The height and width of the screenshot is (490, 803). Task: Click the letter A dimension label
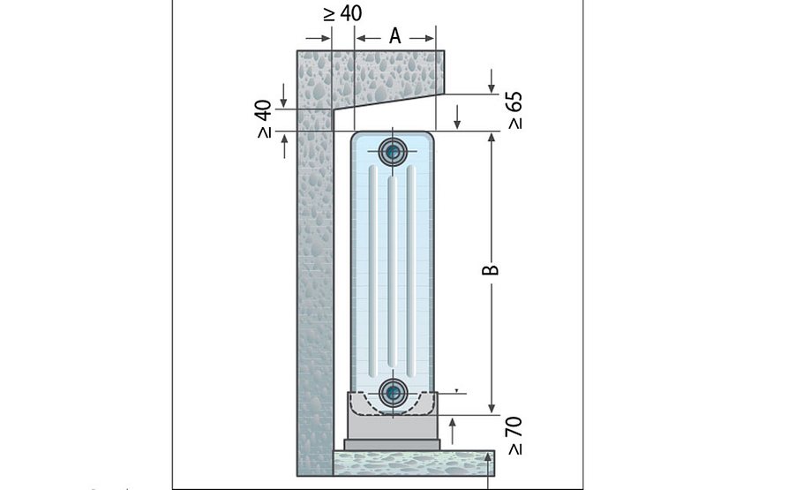[394, 36]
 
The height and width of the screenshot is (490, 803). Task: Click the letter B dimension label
[491, 269]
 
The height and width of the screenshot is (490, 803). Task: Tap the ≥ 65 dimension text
[515, 110]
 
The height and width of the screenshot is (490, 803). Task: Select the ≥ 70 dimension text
[515, 435]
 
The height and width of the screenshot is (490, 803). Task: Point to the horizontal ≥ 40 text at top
[342, 13]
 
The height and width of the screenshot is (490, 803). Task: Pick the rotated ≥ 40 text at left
[264, 119]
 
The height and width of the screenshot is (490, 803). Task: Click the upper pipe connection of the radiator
[393, 152]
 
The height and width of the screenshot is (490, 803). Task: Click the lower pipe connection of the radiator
[393, 393]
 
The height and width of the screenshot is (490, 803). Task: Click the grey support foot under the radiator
[393, 421]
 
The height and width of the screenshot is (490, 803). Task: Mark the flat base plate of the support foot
[393, 445]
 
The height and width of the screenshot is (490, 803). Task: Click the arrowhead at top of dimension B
[492, 136]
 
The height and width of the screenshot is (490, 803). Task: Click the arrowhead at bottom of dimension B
[492, 409]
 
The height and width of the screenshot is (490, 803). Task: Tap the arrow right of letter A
[422, 38]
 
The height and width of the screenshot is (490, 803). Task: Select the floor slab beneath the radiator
[414, 464]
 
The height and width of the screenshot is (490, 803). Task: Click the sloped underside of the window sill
[389, 102]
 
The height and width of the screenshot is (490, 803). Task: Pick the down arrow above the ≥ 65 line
[492, 81]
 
